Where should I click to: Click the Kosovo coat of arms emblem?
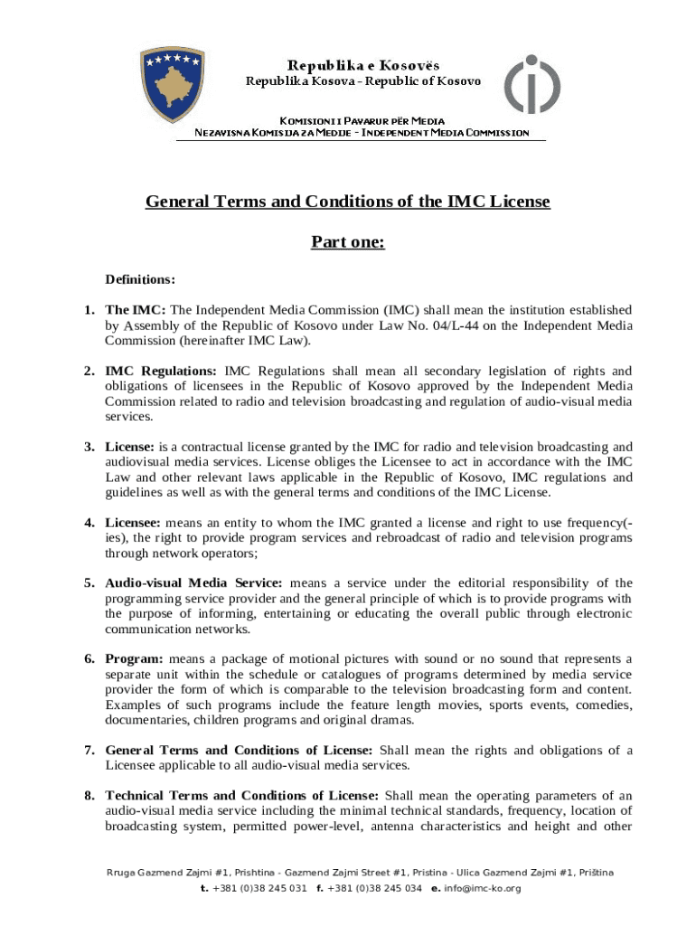pyautogui.click(x=172, y=85)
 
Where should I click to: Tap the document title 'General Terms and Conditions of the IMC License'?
pyautogui.click(x=348, y=201)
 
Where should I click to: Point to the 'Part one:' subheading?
pyautogui.click(x=348, y=241)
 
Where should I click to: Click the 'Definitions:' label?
pyautogui.click(x=140, y=279)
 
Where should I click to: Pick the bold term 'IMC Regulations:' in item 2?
pyautogui.click(x=161, y=371)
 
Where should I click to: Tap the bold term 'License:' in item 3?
pyautogui.click(x=130, y=447)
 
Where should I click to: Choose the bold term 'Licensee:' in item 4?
pyautogui.click(x=133, y=523)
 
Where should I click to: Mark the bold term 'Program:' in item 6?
pyautogui.click(x=134, y=658)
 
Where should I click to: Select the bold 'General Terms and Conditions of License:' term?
pyautogui.click(x=239, y=751)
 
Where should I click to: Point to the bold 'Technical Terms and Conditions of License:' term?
pyautogui.click(x=242, y=796)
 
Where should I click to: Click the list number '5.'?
pyautogui.click(x=90, y=583)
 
